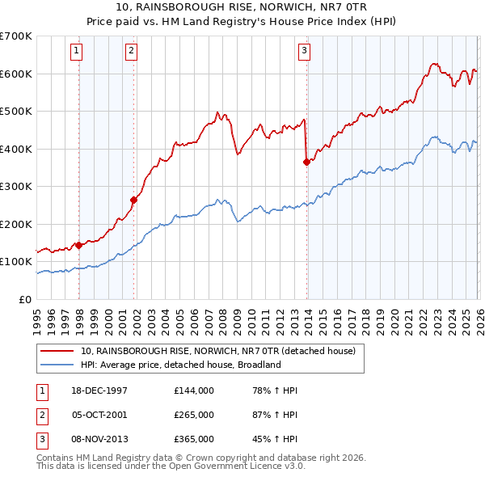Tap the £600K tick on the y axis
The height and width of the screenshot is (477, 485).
tap(16, 74)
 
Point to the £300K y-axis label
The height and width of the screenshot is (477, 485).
tap(16, 186)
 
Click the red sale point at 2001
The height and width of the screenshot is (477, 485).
tap(134, 200)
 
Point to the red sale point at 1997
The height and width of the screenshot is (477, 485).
tap(79, 245)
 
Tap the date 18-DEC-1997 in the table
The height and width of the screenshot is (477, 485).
tap(99, 390)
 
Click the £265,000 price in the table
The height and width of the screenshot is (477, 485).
tap(194, 415)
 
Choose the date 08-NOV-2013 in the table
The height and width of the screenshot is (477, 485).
tap(100, 439)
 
